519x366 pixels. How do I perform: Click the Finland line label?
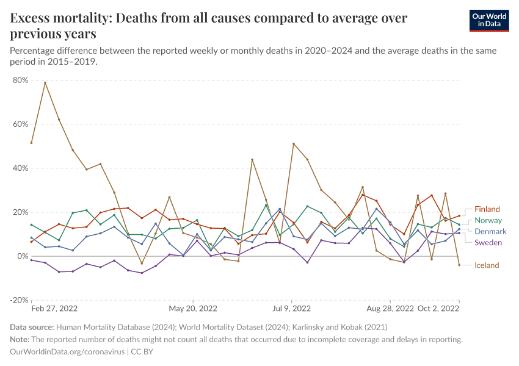pos(487,209)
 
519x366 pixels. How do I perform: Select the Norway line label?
pos(488,220)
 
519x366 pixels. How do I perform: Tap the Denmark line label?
pos(490,232)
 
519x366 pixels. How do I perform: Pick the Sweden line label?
pos(488,243)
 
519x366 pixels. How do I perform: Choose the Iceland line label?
pos(487,265)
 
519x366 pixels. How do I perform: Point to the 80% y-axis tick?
pos(20,80)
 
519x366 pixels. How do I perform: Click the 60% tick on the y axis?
pos(20,124)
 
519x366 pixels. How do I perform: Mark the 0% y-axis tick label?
pos(23,256)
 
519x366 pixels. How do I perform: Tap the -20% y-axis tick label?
pos(19,300)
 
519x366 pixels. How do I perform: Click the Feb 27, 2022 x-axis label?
pos(55,309)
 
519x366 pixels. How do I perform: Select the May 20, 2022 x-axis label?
pos(194,309)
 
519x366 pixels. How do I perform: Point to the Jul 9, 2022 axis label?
pos(292,309)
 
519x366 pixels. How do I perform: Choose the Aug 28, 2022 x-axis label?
pos(390,309)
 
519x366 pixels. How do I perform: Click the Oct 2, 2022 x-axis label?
pos(438,309)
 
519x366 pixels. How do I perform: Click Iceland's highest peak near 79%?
pos(45,82)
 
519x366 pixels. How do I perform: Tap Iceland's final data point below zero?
pos(459,265)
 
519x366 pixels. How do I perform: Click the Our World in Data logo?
pos(488,20)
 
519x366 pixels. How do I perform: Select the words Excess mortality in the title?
pos(56,18)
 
